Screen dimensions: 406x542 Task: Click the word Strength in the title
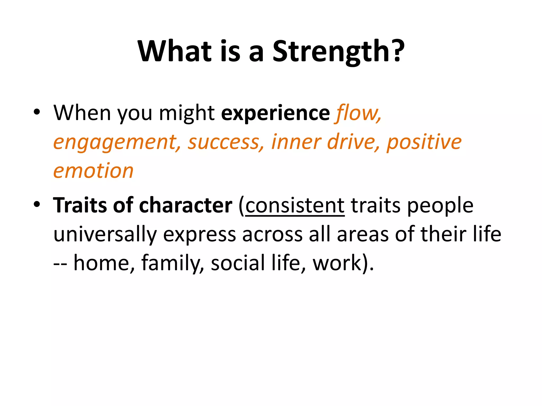(x=338, y=52)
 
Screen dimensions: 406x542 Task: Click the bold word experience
(x=275, y=113)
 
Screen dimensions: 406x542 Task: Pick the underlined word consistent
(x=295, y=206)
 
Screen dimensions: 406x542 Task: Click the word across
(x=272, y=234)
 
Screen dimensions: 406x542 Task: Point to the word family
(x=172, y=263)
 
